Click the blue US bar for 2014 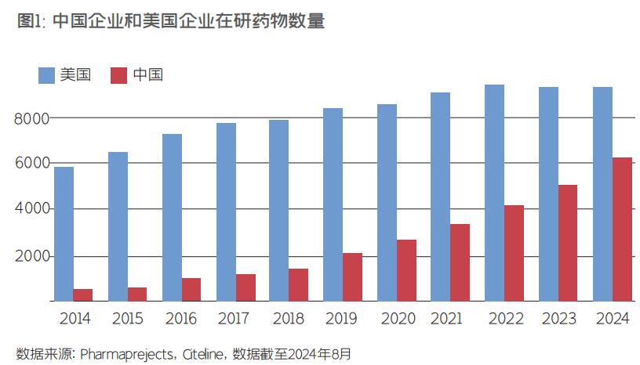[x=64, y=233]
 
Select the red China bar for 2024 [x=622, y=229]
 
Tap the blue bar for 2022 [x=494, y=193]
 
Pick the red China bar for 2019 [x=352, y=276]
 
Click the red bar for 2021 [x=460, y=262]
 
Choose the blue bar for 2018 [x=278, y=210]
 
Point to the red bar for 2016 [x=191, y=289]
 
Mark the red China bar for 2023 [x=568, y=243]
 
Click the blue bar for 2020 [x=387, y=202]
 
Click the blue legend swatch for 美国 [x=47, y=75]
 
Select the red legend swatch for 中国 [x=118, y=75]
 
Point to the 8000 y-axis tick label [x=31, y=118]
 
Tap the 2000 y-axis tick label [x=31, y=257]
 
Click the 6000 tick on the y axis [x=31, y=164]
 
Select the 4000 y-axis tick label [x=31, y=209]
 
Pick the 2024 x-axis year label [x=612, y=319]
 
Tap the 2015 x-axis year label [x=127, y=319]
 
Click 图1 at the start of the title [x=30, y=22]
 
